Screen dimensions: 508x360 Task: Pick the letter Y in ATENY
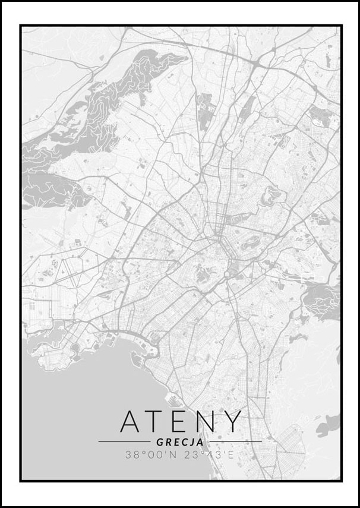[x=233, y=421]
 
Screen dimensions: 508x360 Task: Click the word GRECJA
[x=180, y=442]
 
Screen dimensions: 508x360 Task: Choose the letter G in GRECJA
[x=160, y=442]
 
